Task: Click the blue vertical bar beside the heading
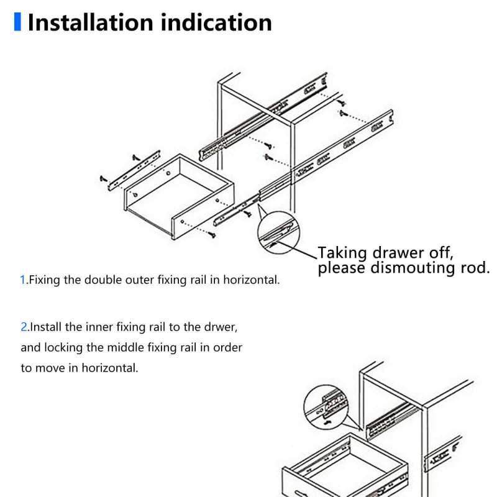pos(17,22)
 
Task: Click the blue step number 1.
pos(23,280)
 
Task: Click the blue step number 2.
pos(24,326)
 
